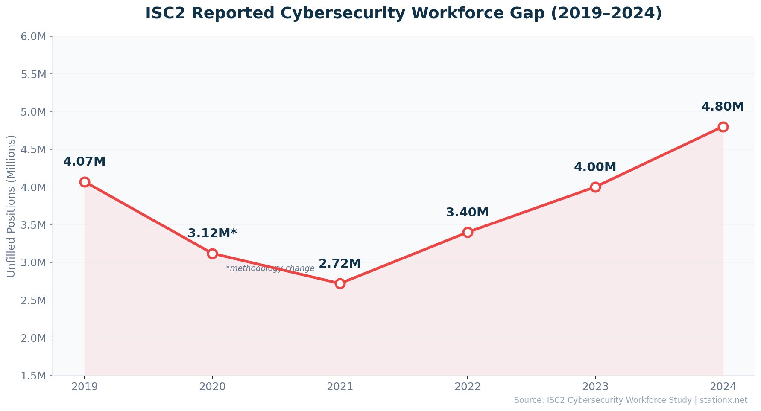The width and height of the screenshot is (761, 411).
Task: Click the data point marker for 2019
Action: (85, 182)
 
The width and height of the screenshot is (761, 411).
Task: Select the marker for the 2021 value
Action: (340, 283)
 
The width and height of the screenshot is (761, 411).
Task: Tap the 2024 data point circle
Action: (723, 127)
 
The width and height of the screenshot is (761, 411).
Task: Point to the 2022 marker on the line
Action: (468, 232)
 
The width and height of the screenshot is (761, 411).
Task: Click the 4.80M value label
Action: (723, 107)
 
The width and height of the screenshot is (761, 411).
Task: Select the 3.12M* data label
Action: (212, 233)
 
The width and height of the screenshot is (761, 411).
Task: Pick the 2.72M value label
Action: (340, 264)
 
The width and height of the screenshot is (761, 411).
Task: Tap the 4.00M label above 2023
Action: (595, 167)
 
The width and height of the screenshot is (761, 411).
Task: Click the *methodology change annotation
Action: (270, 268)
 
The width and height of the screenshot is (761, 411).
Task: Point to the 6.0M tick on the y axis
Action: (33, 37)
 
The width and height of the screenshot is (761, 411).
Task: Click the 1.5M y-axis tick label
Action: (33, 376)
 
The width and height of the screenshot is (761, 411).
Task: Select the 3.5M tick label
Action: (33, 225)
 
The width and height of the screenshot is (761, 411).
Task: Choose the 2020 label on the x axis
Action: (212, 387)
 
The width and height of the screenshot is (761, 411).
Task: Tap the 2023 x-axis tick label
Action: (595, 387)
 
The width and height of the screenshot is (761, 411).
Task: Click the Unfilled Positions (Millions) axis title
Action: (12, 206)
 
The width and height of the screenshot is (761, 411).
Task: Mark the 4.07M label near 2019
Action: (85, 162)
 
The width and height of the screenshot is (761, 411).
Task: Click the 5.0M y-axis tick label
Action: (33, 112)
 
